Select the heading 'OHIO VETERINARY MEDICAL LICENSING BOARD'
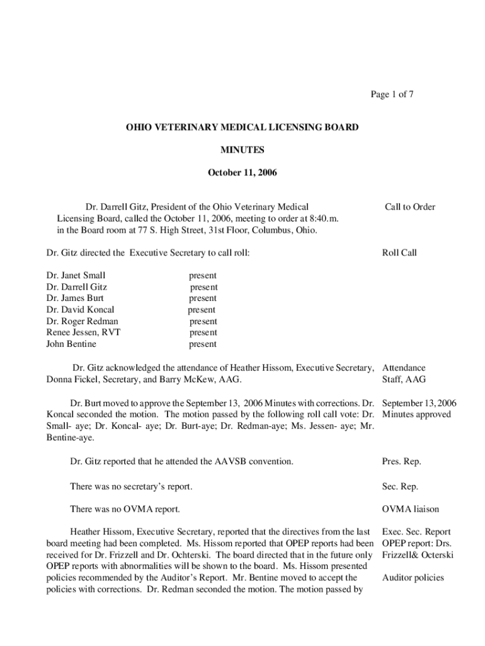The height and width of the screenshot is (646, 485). pos(243,127)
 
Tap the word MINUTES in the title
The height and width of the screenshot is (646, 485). pos(243,150)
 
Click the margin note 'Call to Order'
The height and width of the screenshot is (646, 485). pos(409,207)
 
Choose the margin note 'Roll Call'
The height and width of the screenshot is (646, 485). pos(399,253)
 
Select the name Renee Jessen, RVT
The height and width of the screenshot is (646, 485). pos(83,332)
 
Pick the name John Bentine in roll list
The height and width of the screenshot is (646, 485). pos(72,344)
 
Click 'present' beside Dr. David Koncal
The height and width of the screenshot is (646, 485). pos(202,310)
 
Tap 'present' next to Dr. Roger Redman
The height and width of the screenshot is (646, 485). pos(203,321)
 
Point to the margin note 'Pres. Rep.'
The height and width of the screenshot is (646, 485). pos(401,462)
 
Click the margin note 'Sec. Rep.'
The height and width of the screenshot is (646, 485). pos(400,487)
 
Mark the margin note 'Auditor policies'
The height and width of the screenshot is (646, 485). pos(413,578)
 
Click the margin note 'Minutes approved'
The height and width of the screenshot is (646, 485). pos(416,414)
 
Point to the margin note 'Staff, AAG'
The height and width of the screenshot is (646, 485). pos(404,380)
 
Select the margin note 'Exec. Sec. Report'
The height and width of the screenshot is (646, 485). pos(416,532)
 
